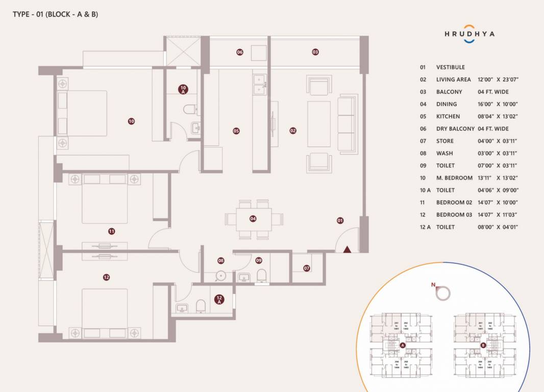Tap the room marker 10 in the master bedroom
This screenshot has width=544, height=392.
131,121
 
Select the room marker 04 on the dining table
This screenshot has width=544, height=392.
253,218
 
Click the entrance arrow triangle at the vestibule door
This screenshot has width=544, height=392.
347,249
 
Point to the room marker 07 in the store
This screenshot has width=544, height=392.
307,268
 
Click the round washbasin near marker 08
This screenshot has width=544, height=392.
220,276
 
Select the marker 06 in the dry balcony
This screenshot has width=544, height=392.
239,52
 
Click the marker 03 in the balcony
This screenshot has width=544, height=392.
315,52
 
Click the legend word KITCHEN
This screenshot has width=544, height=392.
448,116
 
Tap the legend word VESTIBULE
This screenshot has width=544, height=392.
450,67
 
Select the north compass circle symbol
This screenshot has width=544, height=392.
443,292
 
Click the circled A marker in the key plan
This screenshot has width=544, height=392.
402,346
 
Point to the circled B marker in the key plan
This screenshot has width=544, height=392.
483,346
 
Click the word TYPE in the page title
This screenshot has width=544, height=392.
22,14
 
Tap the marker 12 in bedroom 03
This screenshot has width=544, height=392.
106,277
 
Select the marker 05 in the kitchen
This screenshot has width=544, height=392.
236,131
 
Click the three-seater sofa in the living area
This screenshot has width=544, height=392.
348,124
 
